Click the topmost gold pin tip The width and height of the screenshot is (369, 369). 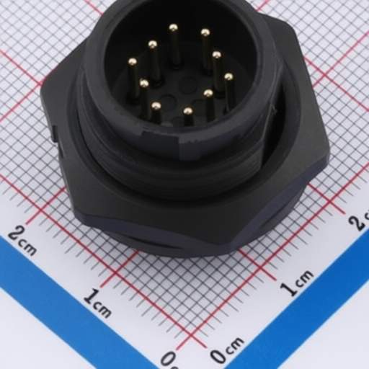[173, 28]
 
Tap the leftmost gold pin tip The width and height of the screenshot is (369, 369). [133, 62]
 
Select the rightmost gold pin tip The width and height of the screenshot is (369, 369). [228, 77]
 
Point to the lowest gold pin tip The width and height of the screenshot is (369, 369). [188, 111]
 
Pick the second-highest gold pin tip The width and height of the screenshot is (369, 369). [205, 32]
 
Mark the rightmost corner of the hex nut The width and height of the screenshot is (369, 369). [329, 154]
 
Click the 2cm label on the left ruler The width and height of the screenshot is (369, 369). [22, 240]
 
